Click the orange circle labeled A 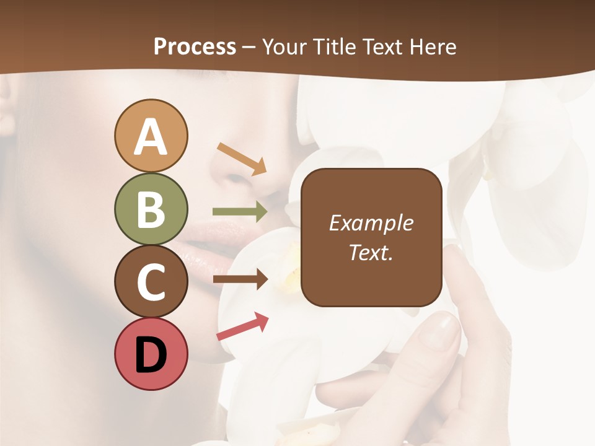(151, 136)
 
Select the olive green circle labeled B (151, 209)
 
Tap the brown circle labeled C (151, 281)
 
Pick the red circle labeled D (151, 354)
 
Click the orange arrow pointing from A (242, 159)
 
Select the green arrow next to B (240, 211)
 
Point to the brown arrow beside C (240, 279)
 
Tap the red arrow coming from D (242, 326)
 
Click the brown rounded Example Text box (371, 237)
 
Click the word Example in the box (371, 223)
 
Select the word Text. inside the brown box (371, 253)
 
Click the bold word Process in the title (195, 46)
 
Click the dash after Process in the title (249, 48)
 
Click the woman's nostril (239, 180)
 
